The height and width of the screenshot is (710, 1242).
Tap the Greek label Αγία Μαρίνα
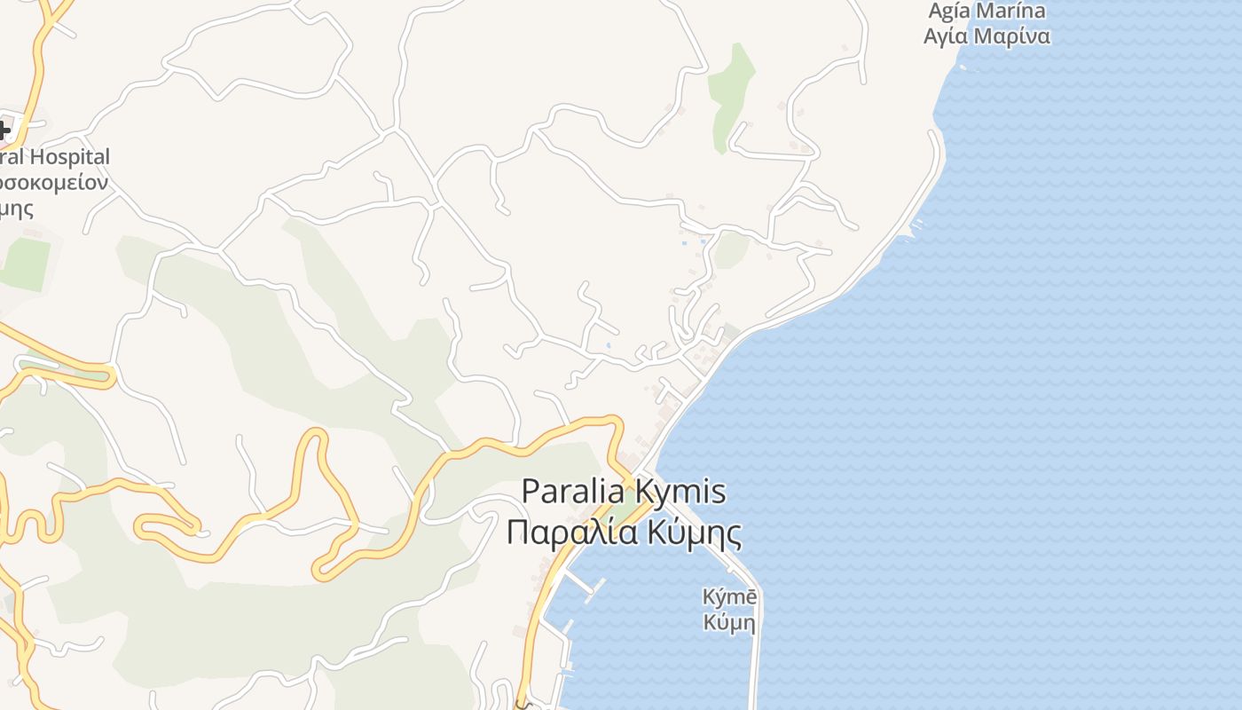(x=987, y=36)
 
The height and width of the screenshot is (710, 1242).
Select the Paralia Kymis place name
(x=624, y=492)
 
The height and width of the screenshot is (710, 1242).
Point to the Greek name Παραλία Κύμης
(x=624, y=532)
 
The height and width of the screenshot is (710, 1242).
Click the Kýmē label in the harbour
(x=729, y=597)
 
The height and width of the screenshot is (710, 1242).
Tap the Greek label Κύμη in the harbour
(x=729, y=622)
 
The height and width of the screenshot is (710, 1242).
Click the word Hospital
(x=70, y=157)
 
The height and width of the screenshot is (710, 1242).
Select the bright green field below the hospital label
(x=25, y=264)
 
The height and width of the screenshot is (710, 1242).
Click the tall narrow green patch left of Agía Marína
(x=731, y=93)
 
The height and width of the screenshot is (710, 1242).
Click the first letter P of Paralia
(x=531, y=492)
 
